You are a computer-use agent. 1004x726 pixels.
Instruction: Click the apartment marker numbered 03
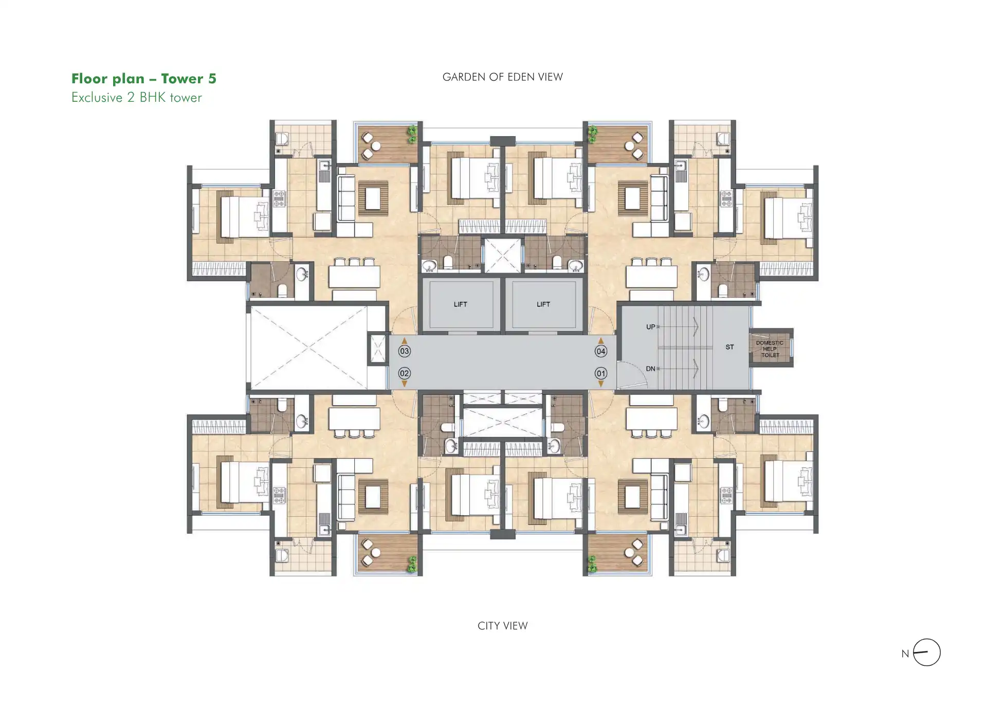click(404, 351)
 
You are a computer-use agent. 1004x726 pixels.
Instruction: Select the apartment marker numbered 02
click(404, 373)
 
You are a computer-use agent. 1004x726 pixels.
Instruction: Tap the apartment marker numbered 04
click(600, 351)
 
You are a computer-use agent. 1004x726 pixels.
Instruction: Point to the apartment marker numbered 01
click(600, 373)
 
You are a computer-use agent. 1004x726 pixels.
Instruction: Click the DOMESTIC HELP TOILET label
click(770, 349)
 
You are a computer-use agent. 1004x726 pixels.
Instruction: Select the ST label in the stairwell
click(729, 347)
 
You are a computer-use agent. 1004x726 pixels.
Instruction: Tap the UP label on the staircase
click(650, 326)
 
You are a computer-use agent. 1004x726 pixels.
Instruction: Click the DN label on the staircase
click(650, 369)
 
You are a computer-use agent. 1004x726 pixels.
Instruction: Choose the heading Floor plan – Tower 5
click(144, 79)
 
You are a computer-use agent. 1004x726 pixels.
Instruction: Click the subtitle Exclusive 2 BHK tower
click(137, 98)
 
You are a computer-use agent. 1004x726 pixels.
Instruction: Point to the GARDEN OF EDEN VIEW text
click(503, 77)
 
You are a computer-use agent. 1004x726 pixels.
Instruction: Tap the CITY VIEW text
click(503, 626)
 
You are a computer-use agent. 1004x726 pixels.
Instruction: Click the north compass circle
click(926, 639)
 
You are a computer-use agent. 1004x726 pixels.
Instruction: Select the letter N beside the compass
click(905, 654)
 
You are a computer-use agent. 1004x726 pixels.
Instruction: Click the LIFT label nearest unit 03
click(461, 304)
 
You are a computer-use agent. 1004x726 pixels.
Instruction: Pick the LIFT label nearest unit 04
click(543, 304)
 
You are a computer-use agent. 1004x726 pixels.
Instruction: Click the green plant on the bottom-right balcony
click(593, 564)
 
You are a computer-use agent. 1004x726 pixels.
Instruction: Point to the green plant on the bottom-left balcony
click(412, 564)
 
